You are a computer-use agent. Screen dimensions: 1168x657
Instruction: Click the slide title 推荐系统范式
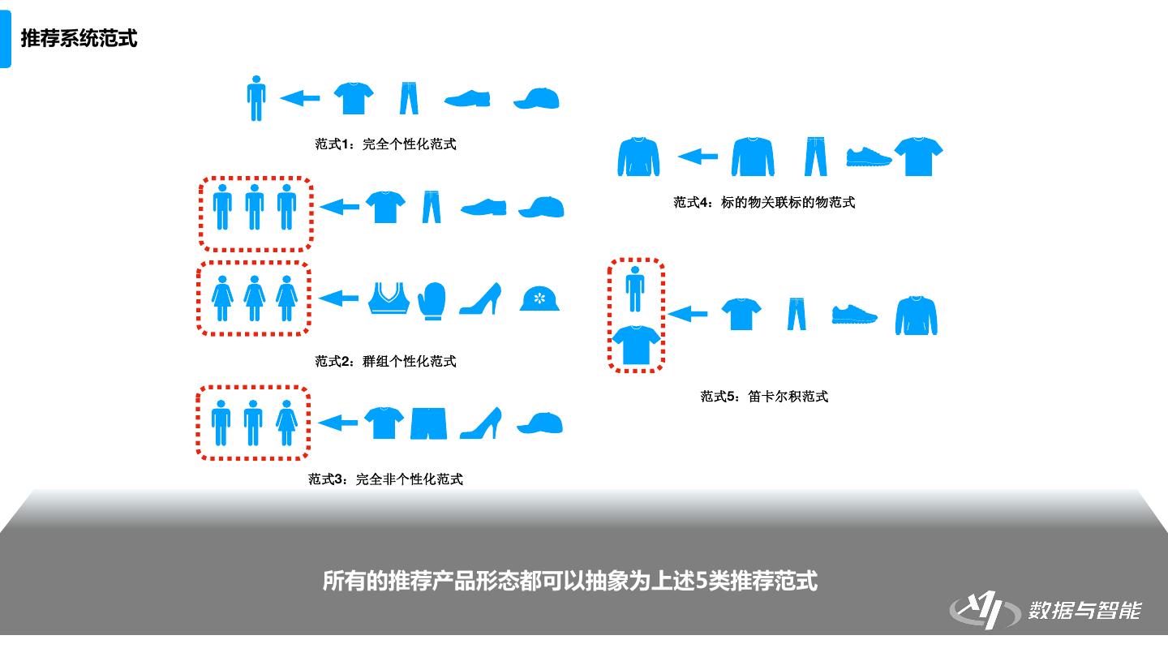pyautogui.click(x=79, y=39)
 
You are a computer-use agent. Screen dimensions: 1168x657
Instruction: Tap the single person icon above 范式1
pyautogui.click(x=256, y=98)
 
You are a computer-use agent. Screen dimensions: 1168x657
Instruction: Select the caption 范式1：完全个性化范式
pyautogui.click(x=385, y=144)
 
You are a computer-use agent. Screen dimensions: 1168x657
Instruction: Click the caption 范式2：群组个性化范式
pyautogui.click(x=385, y=361)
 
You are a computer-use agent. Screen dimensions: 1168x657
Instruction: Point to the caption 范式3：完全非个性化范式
pyautogui.click(x=385, y=479)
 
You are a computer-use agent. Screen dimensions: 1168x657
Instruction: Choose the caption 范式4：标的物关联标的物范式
pyautogui.click(x=764, y=202)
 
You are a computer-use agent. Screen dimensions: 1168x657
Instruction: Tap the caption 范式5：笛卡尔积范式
pyautogui.click(x=764, y=397)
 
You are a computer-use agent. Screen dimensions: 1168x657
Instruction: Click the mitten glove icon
pyautogui.click(x=432, y=301)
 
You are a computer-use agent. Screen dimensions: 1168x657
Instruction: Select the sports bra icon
pyautogui.click(x=388, y=298)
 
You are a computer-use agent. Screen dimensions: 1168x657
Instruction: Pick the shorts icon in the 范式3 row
pyautogui.click(x=428, y=423)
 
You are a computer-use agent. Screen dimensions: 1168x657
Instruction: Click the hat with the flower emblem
pyautogui.click(x=539, y=298)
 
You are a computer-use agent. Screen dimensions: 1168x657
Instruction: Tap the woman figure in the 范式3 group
pyautogui.click(x=286, y=423)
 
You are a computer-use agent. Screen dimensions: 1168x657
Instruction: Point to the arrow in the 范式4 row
pyautogui.click(x=698, y=156)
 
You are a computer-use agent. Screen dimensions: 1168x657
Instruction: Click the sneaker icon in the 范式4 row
pyautogui.click(x=869, y=157)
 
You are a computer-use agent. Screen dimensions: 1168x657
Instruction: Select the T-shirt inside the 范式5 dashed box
pyautogui.click(x=636, y=345)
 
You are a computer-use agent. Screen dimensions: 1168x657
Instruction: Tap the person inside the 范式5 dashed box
pyautogui.click(x=635, y=289)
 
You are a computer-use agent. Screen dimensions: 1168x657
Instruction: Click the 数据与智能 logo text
pyautogui.click(x=1084, y=610)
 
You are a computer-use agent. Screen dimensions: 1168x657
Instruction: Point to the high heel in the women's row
pyautogui.click(x=480, y=298)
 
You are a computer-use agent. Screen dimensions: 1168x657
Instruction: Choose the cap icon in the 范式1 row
pyautogui.click(x=537, y=99)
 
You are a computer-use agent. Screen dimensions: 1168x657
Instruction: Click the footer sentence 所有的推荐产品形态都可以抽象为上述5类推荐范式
pyautogui.click(x=570, y=581)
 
